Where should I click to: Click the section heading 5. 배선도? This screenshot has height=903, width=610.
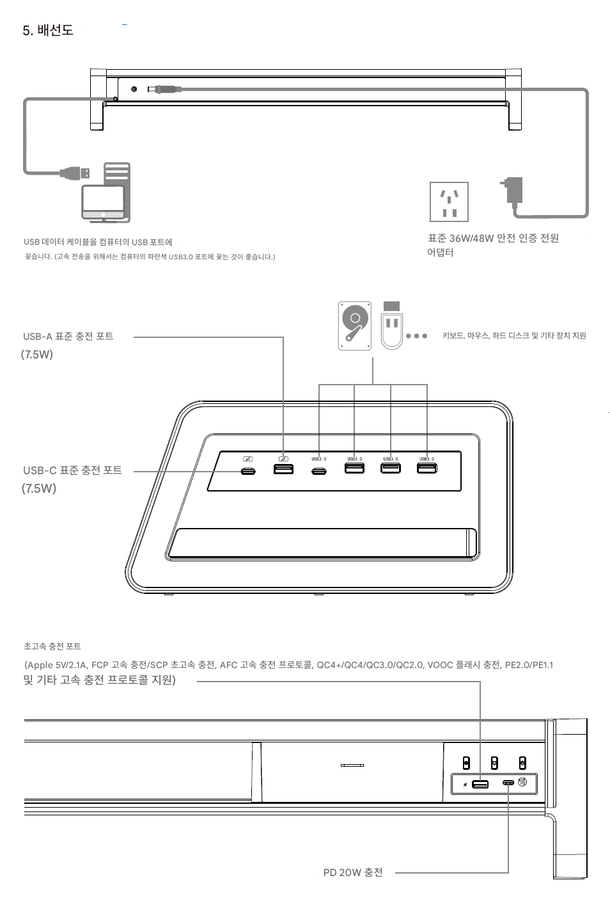[48, 30]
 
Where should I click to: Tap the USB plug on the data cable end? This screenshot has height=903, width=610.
[75, 173]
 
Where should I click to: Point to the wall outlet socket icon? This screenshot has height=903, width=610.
[449, 202]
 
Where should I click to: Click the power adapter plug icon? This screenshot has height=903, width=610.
[512, 190]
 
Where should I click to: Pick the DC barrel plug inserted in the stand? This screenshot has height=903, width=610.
[164, 89]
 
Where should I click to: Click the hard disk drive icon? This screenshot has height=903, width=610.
[355, 326]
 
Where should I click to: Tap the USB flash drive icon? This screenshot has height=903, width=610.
[392, 325]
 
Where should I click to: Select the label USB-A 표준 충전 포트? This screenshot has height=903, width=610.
[68, 336]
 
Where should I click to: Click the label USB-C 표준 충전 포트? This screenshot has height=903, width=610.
[72, 470]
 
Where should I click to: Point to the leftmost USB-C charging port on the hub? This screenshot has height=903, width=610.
[248, 471]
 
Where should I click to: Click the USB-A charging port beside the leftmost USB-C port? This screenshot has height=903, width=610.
[283, 469]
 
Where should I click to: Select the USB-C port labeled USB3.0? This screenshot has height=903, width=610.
[319, 471]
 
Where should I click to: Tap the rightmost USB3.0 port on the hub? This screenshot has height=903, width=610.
[426, 468]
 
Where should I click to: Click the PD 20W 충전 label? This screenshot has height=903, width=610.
[353, 872]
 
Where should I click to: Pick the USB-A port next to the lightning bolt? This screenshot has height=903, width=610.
[480, 784]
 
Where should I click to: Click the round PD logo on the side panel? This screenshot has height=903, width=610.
[522, 782]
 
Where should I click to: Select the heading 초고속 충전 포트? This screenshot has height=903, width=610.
[52, 646]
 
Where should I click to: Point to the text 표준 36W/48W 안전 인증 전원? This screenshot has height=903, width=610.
[493, 238]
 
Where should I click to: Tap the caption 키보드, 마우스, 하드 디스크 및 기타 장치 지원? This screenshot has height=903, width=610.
[514, 335]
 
